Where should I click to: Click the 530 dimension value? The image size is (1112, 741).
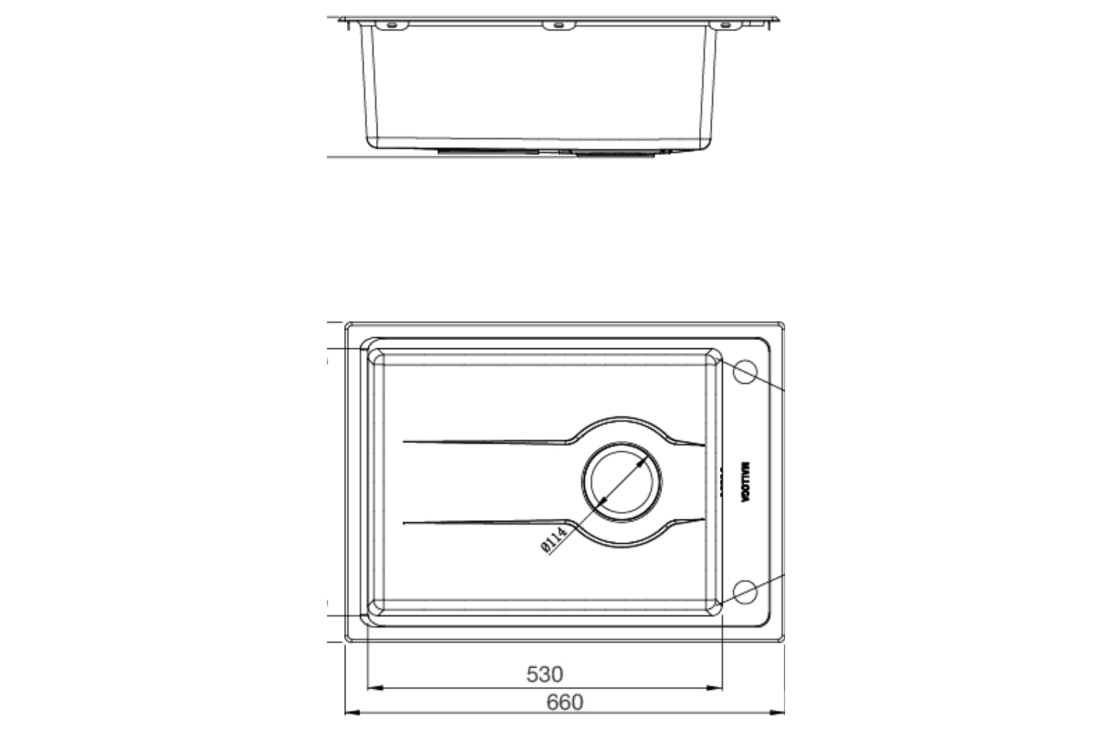click(x=545, y=674)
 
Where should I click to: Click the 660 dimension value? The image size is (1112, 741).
click(x=565, y=702)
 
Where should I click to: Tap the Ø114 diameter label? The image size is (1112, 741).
click(x=555, y=539)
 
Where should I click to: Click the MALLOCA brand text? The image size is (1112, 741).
click(x=745, y=482)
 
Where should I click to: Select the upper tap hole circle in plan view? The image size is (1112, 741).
click(x=744, y=372)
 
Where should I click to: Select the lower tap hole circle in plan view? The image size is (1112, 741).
click(x=744, y=591)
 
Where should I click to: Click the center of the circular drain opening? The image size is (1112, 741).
click(x=621, y=482)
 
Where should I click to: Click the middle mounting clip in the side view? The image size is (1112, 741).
click(x=558, y=26)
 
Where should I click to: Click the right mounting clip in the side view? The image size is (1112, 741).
click(x=725, y=26)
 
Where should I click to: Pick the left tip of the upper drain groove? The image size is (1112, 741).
click(x=405, y=442)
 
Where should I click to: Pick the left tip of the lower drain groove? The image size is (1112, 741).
click(x=405, y=523)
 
